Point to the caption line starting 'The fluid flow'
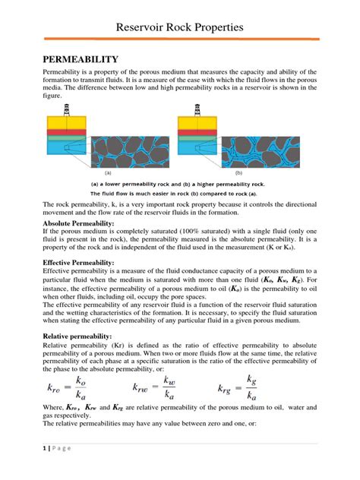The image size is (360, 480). click(179, 193)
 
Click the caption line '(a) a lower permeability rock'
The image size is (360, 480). click(179, 184)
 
